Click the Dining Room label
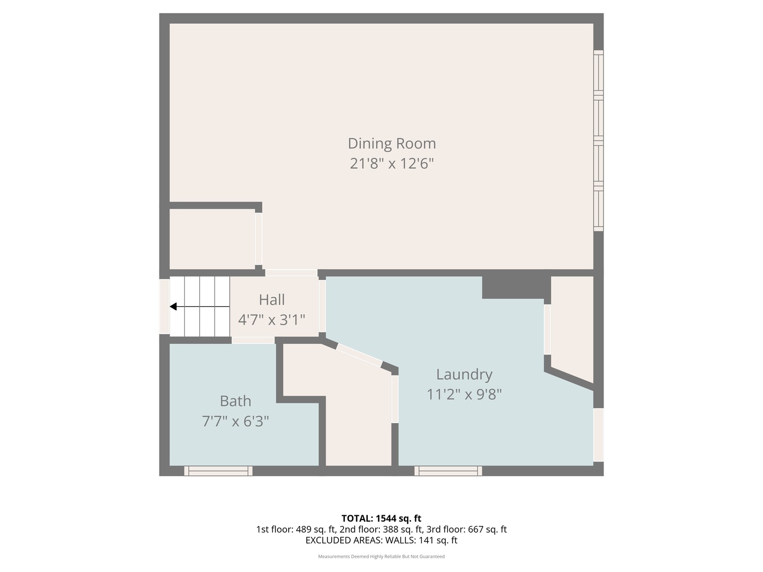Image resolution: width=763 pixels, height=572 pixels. tap(392, 144)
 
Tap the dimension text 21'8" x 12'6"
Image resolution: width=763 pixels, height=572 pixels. tap(392, 164)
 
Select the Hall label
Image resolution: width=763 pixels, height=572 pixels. tap(272, 300)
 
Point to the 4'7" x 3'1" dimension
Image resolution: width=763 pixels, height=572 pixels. tap(272, 320)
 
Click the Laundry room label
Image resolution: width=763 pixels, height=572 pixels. tap(464, 374)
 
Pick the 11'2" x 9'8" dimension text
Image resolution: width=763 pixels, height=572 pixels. tap(464, 395)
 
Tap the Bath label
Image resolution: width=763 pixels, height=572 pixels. tap(235, 401)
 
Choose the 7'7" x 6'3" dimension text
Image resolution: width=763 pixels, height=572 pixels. tap(235, 422)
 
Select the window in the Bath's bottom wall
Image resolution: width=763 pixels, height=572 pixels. tap(218, 471)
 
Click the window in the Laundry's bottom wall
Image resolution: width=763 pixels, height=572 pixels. tap(448, 471)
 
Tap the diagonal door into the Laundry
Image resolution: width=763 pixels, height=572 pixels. tap(359, 355)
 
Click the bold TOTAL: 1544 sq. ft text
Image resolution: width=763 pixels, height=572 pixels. tap(381, 519)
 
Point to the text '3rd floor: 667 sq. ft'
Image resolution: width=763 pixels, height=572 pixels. tap(466, 529)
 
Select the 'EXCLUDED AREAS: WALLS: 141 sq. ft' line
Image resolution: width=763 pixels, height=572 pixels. tap(381, 540)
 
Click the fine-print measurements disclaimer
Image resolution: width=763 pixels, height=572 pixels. tap(381, 557)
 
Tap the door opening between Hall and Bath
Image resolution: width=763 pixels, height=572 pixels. tap(253, 340)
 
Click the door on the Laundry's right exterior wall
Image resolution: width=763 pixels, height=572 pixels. tap(598, 434)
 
